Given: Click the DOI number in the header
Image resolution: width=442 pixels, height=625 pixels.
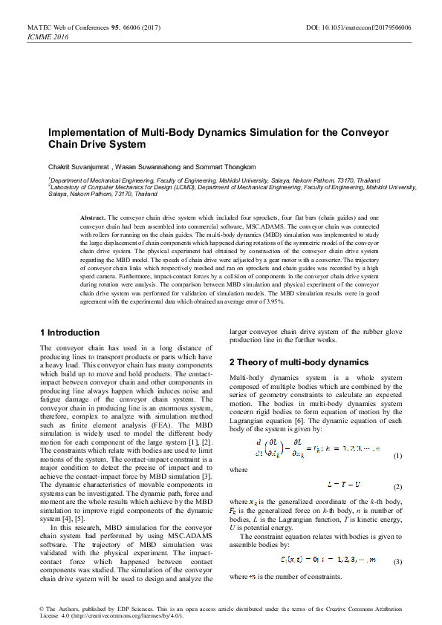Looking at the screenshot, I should coord(368,27).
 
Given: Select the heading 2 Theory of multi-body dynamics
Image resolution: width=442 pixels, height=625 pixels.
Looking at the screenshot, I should coord(299,362).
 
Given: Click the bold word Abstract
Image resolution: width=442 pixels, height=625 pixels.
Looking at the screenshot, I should coord(93,215).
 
